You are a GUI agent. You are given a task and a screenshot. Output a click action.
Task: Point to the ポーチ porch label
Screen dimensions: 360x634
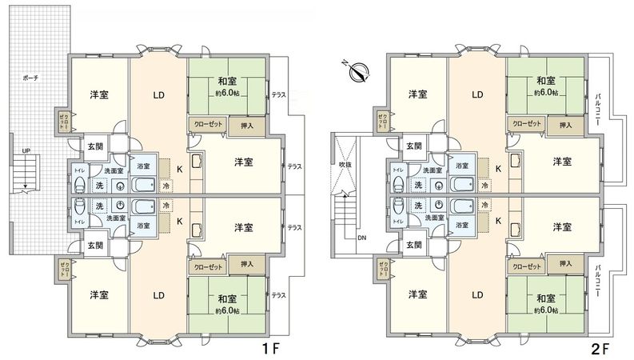point(31,78)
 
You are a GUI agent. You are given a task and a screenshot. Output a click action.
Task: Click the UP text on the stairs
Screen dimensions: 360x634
point(26,150)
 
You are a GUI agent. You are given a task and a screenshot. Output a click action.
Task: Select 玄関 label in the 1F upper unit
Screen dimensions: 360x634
point(95,146)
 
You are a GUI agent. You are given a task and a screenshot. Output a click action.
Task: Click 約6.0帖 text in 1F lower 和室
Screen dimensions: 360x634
point(226,310)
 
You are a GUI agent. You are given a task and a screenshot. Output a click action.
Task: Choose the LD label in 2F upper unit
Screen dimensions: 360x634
point(476,95)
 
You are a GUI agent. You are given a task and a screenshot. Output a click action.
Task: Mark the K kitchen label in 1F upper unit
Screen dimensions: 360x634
point(179,169)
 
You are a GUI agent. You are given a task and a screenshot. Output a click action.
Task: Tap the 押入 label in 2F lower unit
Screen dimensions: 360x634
point(565,264)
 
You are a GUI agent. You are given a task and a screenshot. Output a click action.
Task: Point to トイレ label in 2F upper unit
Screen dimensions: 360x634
point(397,170)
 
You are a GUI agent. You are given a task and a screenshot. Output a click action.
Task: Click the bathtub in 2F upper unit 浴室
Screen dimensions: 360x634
point(464,186)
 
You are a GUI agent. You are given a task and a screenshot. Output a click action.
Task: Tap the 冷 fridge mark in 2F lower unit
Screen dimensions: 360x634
point(484,206)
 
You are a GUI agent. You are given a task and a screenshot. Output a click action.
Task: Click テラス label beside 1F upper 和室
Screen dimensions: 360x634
point(279,94)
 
